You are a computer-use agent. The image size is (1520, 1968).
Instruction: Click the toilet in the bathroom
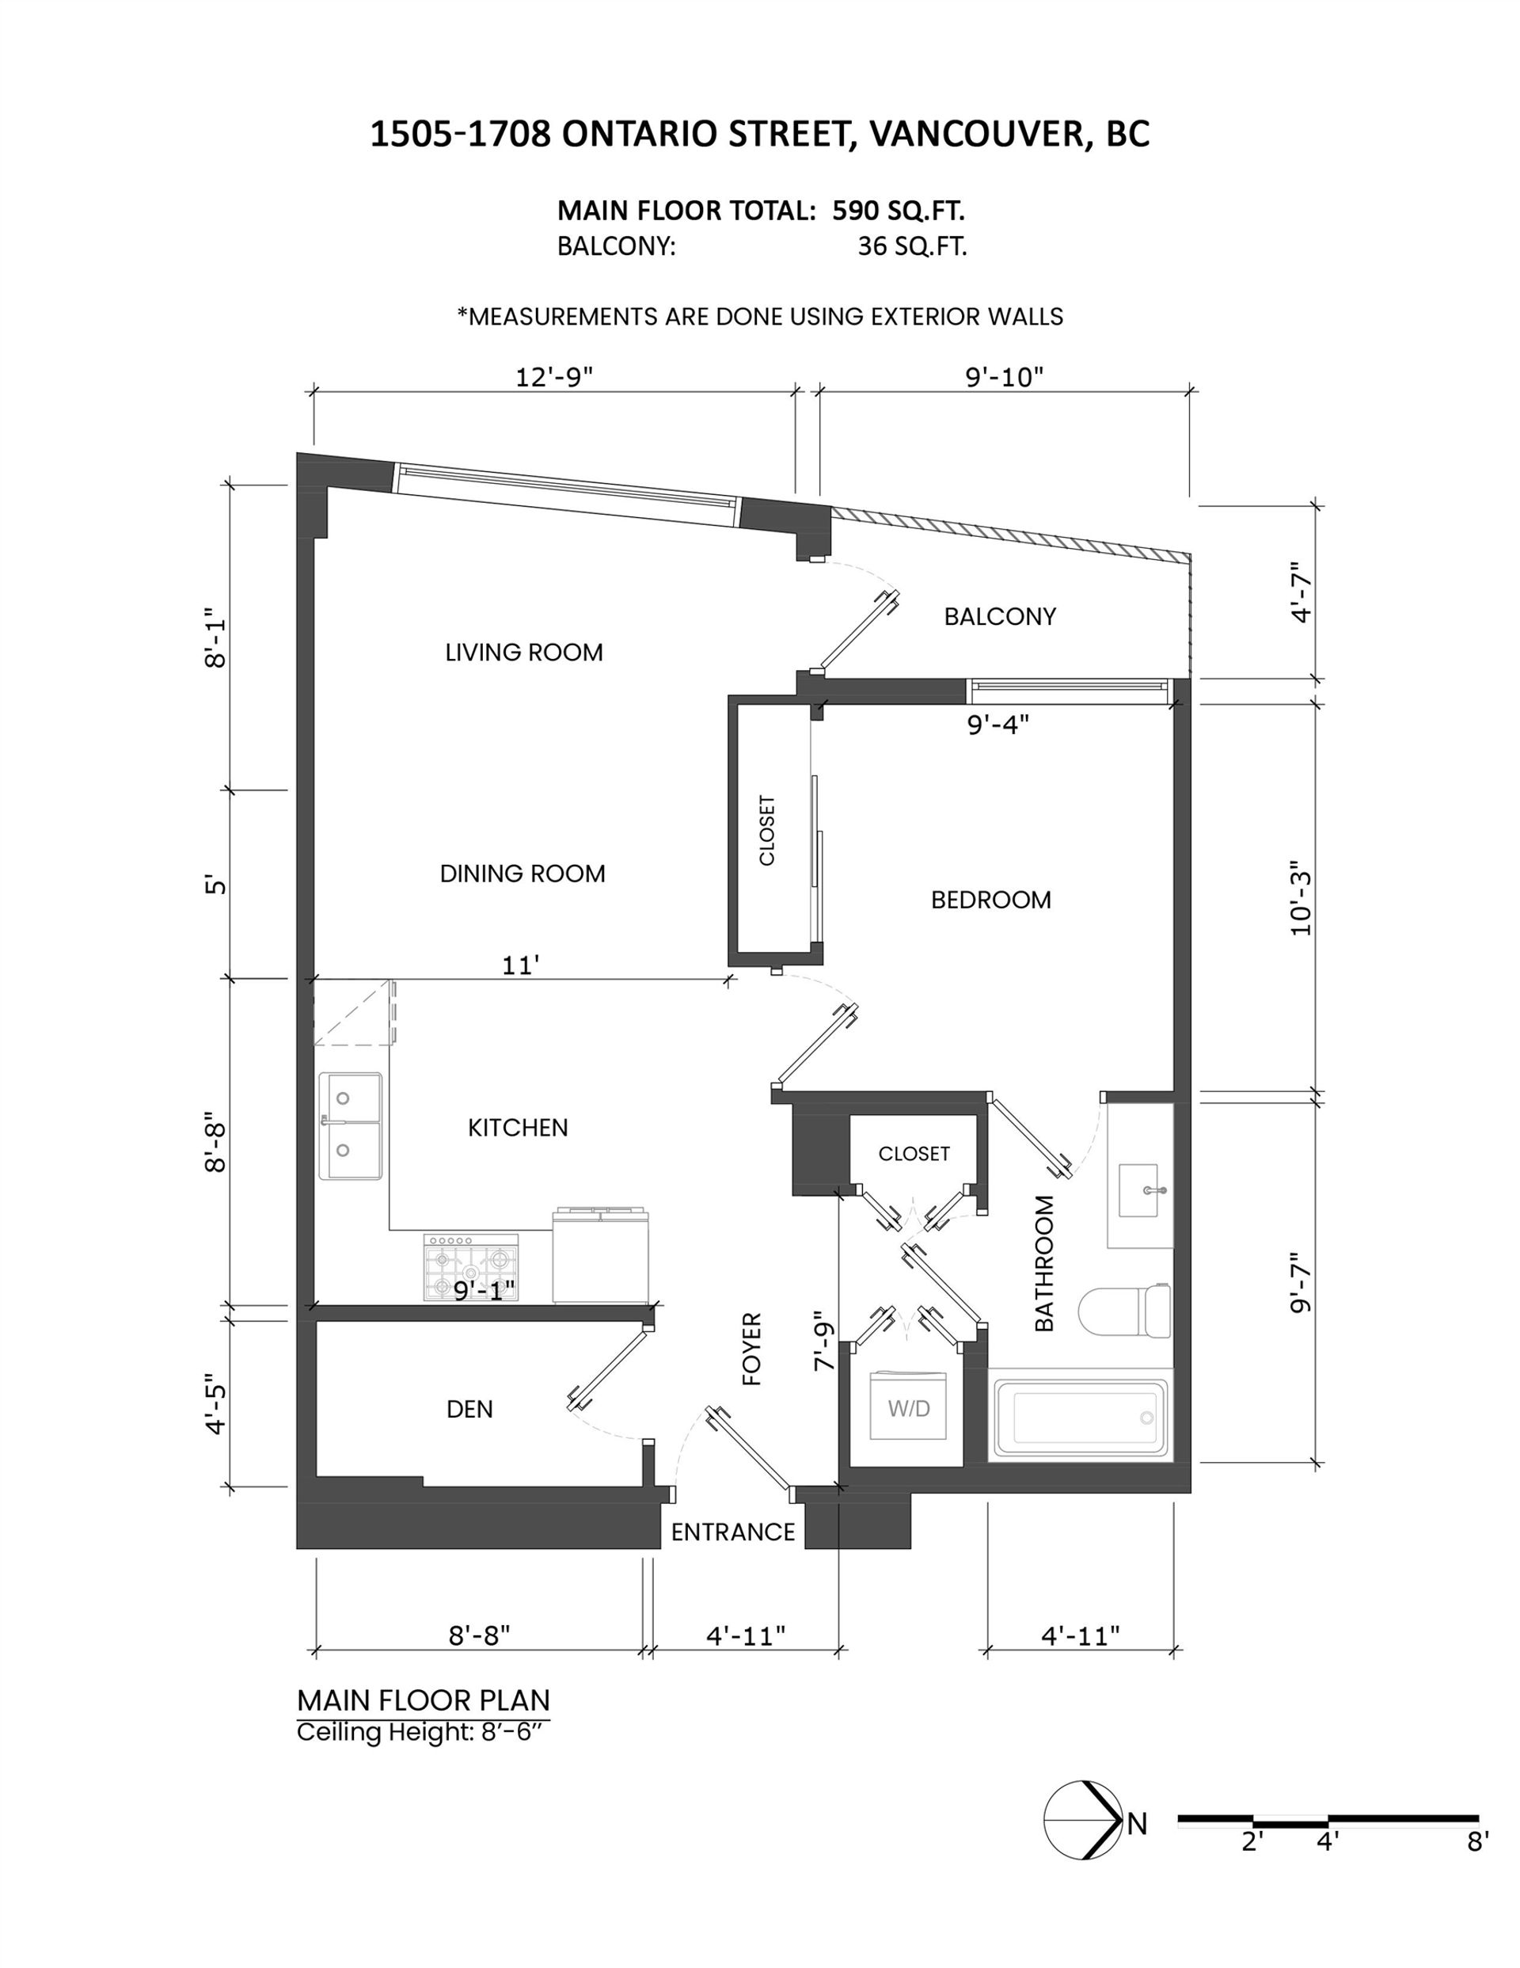point(1124,1311)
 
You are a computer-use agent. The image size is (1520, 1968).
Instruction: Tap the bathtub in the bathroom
point(1081,1419)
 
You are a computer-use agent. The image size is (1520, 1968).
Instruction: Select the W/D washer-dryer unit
point(908,1407)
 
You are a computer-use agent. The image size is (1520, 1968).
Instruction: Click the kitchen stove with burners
point(471,1267)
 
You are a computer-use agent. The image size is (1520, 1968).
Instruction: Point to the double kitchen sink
point(350,1125)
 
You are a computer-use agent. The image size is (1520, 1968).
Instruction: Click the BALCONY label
point(1000,616)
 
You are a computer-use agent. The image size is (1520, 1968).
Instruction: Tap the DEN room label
point(469,1408)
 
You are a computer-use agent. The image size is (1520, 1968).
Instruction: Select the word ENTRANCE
point(732,1532)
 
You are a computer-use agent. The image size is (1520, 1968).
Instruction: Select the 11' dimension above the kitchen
point(521,965)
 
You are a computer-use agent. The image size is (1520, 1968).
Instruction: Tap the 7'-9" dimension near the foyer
point(823,1341)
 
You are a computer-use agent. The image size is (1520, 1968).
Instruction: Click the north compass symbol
point(1084,1820)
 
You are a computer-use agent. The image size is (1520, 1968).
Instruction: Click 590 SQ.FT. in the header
point(899,211)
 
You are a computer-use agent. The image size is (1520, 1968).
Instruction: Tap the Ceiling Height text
point(423,1732)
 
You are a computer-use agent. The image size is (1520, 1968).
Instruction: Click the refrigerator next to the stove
point(601,1255)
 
